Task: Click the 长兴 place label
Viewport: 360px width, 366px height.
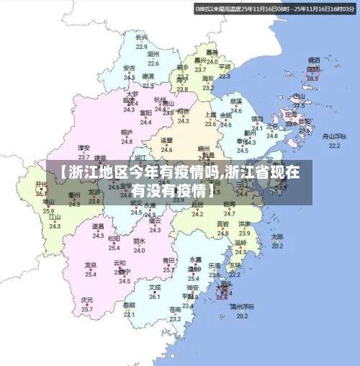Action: [x=142, y=36]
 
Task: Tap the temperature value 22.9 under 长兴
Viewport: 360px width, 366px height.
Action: [x=142, y=45]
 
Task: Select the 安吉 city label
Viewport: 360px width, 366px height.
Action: [x=129, y=68]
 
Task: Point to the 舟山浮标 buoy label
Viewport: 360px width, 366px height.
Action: [x=334, y=135]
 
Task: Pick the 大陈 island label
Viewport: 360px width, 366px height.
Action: [x=277, y=236]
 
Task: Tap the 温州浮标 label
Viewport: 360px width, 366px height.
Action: [x=243, y=306]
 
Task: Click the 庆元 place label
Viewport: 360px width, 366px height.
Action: [x=87, y=299]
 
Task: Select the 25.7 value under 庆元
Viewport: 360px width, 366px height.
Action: [x=87, y=308]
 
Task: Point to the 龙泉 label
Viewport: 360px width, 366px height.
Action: [x=91, y=264]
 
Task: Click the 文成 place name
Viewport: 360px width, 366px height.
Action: [x=155, y=287]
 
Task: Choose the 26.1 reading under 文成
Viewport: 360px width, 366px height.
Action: [x=155, y=296]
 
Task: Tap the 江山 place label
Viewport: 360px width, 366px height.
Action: [x=55, y=216]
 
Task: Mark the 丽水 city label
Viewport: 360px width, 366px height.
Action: [x=139, y=241]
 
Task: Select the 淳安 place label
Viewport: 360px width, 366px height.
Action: [x=84, y=148]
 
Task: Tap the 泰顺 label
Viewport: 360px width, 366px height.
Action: [x=129, y=305]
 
